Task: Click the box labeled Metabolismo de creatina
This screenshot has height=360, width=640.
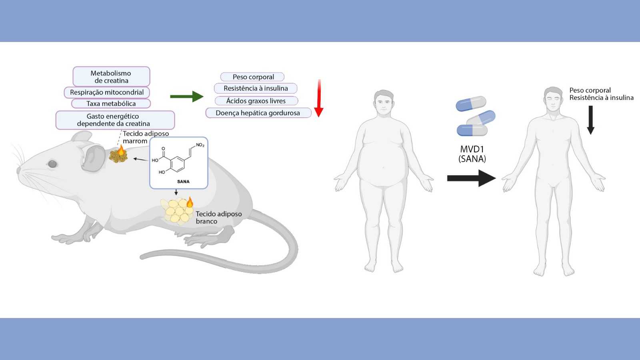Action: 111,76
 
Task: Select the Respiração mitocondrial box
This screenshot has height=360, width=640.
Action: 107,92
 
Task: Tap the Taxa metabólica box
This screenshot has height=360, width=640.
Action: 111,104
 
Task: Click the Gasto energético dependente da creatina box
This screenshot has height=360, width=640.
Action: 115,120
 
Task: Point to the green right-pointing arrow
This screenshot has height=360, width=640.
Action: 186,96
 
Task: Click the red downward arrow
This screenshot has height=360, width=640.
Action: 319,98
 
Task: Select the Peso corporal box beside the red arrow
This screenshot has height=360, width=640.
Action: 253,77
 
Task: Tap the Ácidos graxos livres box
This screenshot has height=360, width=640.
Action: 256,101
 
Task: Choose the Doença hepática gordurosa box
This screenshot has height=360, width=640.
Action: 258,113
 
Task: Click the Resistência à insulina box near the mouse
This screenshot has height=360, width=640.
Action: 256,88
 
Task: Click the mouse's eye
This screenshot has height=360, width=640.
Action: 52,164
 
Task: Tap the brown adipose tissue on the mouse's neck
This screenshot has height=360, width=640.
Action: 118,156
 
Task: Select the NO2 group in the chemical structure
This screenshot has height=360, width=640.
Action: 200,145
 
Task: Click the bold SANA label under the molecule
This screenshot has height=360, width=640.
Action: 183,182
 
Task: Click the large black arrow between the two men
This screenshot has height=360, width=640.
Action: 471,178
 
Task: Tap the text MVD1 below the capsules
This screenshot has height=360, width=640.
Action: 472,150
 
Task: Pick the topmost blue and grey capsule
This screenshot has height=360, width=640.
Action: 471,104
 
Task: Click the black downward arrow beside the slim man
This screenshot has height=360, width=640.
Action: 590,120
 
